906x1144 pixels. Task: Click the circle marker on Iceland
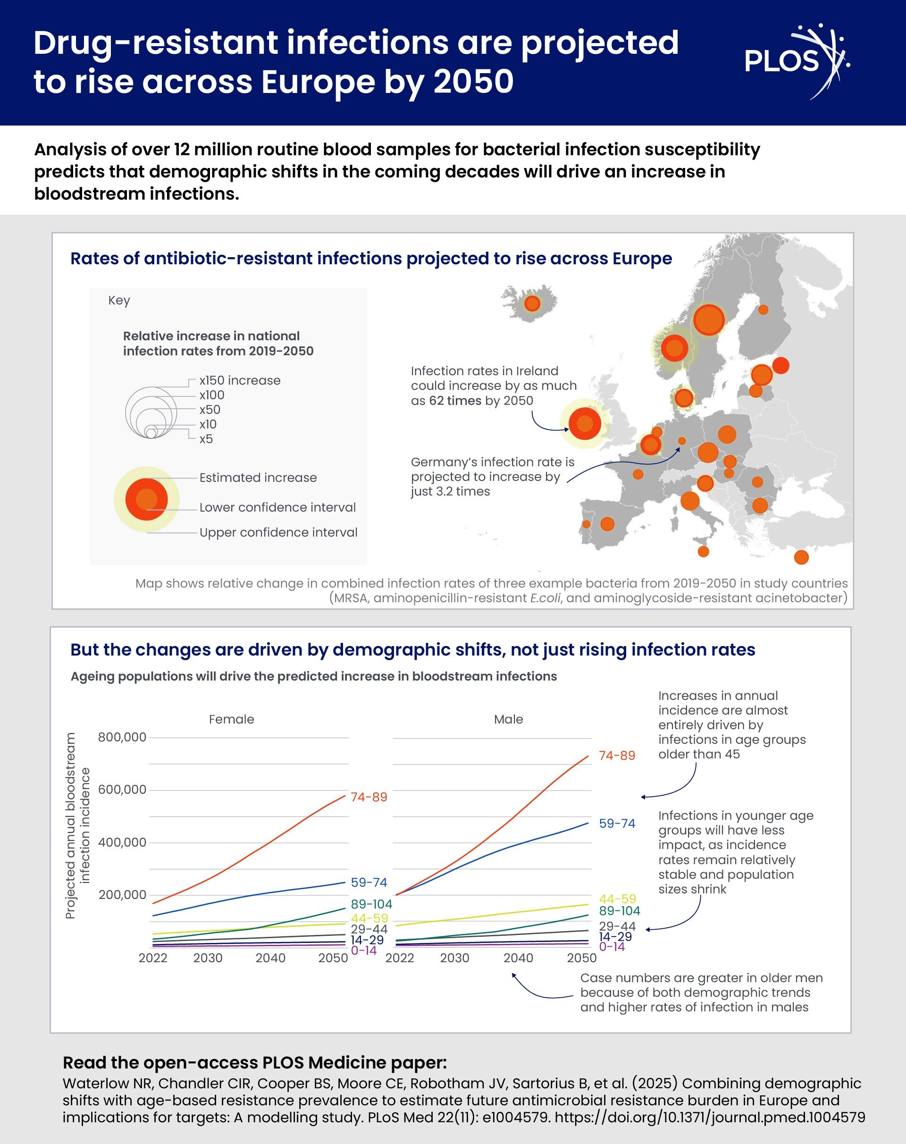click(532, 303)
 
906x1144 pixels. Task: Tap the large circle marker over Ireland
click(585, 423)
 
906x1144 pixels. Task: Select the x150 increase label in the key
click(240, 380)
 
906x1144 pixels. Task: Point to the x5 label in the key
click(206, 439)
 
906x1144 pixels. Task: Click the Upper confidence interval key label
click(278, 532)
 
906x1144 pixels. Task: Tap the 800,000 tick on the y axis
click(122, 737)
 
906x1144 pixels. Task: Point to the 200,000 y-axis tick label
click(122, 895)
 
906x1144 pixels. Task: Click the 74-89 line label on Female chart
click(369, 797)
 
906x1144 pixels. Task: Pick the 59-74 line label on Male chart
click(617, 824)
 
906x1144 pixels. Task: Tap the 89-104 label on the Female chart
click(371, 904)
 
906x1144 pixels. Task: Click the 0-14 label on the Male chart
click(612, 947)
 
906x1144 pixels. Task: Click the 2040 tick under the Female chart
click(270, 958)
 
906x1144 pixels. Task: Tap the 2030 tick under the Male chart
click(454, 958)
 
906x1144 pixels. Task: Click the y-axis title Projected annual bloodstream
click(71, 825)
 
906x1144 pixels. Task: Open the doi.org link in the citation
click(710, 1117)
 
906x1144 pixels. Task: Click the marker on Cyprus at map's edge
click(801, 557)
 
